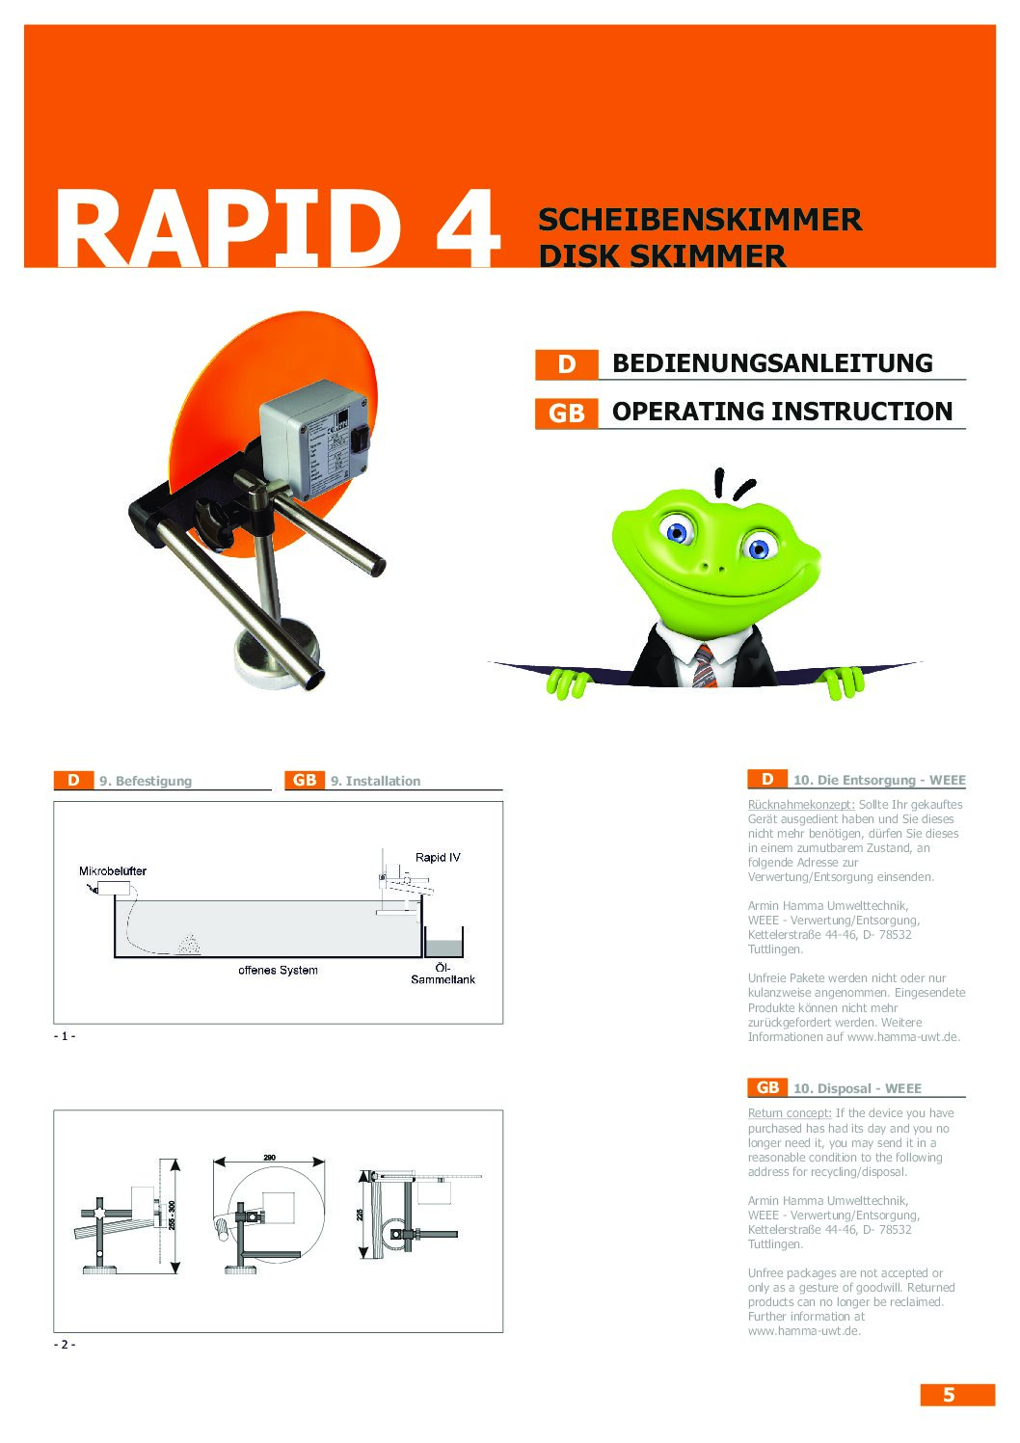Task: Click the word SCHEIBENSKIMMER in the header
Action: tap(699, 220)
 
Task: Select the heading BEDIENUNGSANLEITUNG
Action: tap(772, 363)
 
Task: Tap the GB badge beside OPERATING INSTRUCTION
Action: tap(566, 413)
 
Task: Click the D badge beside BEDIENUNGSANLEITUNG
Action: tap(566, 364)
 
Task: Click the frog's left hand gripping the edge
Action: tap(568, 682)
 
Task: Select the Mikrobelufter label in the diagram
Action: tap(113, 870)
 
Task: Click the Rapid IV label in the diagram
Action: tap(438, 857)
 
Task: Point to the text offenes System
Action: tap(278, 970)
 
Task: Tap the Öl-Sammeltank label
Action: tap(443, 974)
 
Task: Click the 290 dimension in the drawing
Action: tap(269, 1157)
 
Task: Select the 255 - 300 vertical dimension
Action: tap(172, 1215)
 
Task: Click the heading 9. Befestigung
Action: tap(145, 781)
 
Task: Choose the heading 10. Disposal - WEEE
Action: tap(857, 1088)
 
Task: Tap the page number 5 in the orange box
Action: tap(949, 1395)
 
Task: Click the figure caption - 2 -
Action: tap(65, 1344)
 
